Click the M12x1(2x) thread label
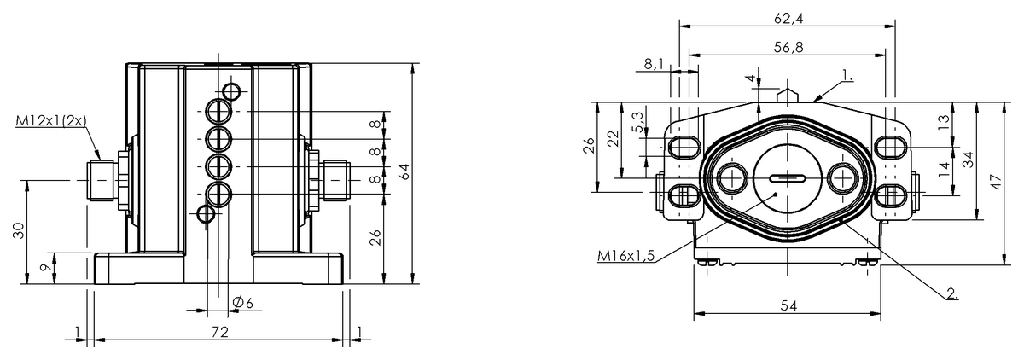point(51,120)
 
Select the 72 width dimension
point(220,331)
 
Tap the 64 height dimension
point(404,171)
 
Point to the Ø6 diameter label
point(242,302)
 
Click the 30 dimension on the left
point(19,230)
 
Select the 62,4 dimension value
point(788,18)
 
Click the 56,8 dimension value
point(788,47)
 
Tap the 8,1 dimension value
point(654,64)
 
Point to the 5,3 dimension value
point(638,121)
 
